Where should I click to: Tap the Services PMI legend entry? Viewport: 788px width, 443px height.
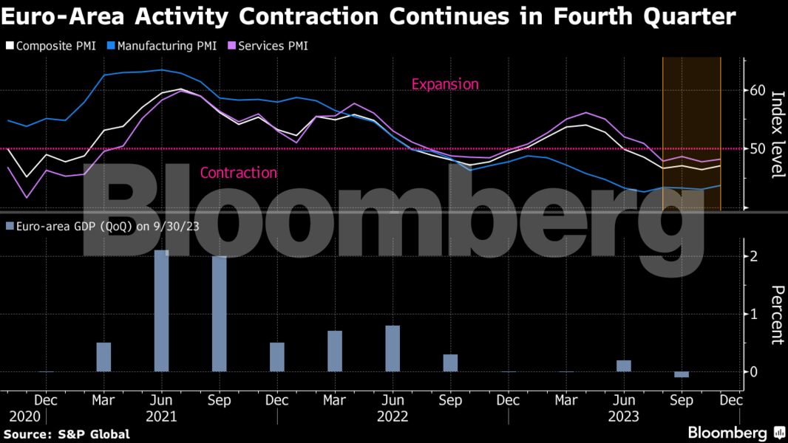click(270, 46)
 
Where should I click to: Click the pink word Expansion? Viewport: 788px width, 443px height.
click(445, 84)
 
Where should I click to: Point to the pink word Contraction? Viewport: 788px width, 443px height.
click(239, 173)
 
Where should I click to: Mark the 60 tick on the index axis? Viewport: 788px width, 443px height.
click(758, 91)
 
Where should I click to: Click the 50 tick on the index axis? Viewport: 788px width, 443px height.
click(758, 148)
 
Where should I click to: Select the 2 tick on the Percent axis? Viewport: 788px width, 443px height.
click(753, 256)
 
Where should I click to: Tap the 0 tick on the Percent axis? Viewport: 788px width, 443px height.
click(753, 371)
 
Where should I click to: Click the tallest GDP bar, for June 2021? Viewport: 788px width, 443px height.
click(161, 310)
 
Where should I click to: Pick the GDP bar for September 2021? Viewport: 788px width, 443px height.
click(219, 314)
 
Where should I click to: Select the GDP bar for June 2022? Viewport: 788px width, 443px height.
click(393, 348)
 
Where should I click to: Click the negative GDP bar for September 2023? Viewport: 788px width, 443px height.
click(681, 374)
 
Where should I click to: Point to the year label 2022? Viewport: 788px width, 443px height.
click(393, 416)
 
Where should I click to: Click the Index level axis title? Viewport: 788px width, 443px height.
click(777, 134)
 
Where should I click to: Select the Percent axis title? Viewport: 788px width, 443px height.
click(777, 315)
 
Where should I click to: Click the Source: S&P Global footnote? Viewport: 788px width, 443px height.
click(67, 434)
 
